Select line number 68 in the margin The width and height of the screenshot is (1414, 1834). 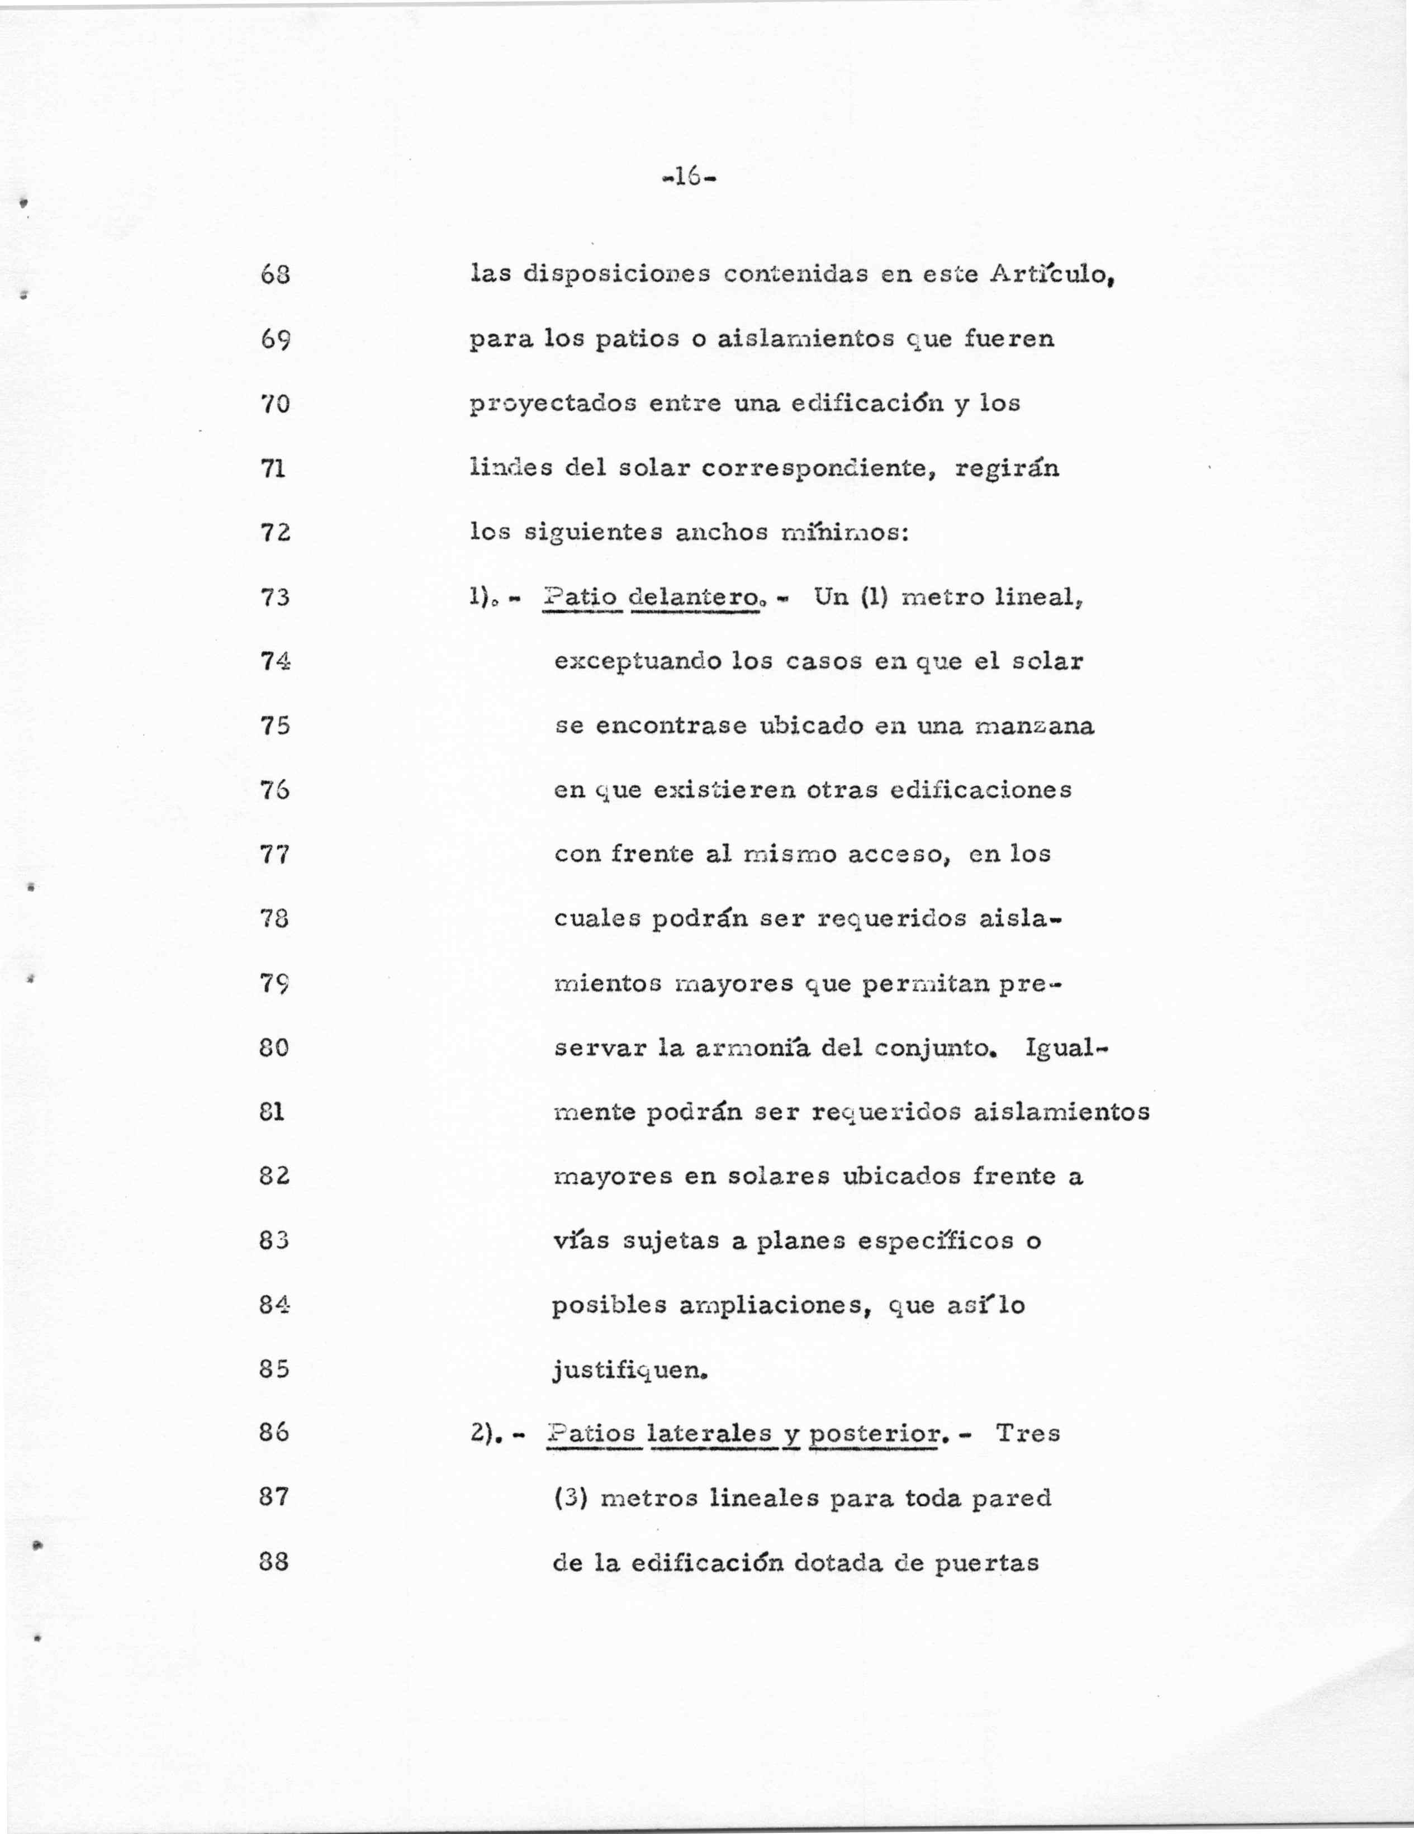[274, 274]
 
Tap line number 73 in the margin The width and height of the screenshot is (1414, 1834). [274, 597]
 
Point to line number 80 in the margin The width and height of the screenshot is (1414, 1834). [274, 1048]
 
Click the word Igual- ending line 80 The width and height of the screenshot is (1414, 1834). [1066, 1048]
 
